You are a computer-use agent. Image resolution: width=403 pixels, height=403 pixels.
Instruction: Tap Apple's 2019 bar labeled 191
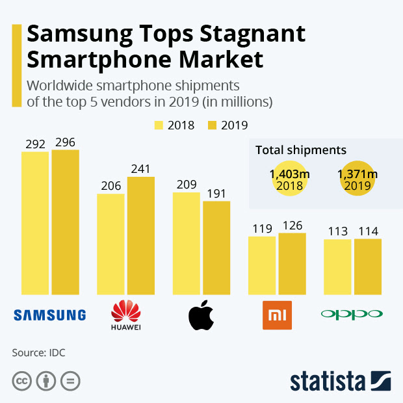[x=216, y=248]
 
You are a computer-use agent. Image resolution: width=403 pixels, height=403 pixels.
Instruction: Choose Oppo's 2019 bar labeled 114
[x=368, y=266]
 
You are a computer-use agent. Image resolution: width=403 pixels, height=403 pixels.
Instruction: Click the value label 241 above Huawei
[x=140, y=169]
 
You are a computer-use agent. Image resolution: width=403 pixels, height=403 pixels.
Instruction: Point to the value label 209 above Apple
[x=187, y=185]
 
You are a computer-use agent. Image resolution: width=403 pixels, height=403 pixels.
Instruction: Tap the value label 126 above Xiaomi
[x=292, y=226]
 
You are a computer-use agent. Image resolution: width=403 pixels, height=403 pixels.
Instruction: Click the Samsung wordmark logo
[x=50, y=315]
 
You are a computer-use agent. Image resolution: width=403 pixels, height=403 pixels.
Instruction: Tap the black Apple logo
[x=201, y=315]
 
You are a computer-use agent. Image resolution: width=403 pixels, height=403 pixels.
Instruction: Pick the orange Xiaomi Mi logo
[x=276, y=315]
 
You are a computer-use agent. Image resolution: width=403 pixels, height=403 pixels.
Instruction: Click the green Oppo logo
[x=352, y=315]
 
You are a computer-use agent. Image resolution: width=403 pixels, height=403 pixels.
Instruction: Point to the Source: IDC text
[x=38, y=353]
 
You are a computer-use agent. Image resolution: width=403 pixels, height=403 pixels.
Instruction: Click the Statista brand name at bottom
[x=327, y=382]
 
